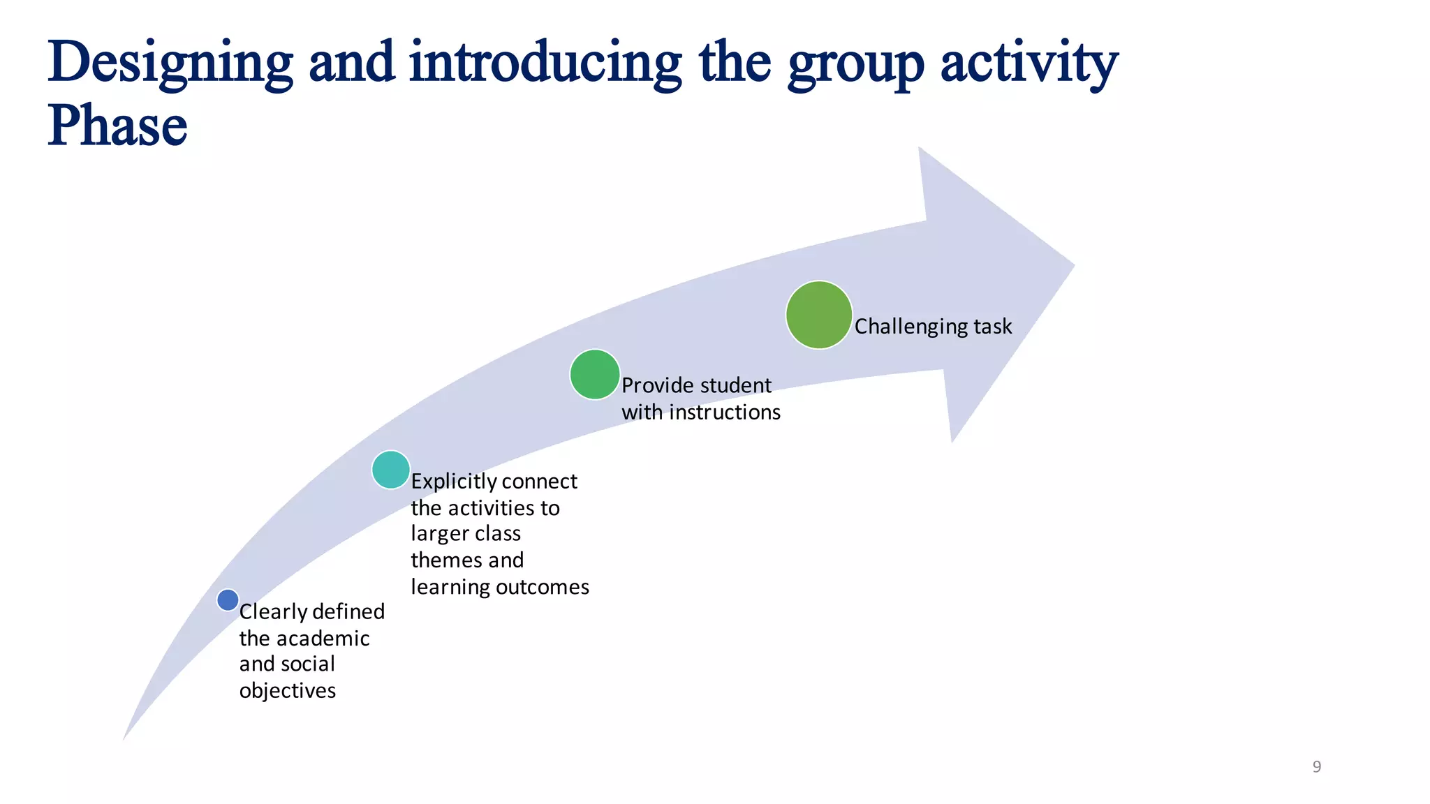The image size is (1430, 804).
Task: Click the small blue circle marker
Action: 228,600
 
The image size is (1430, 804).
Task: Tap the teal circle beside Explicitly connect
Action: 391,470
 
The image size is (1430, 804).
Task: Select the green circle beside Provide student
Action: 595,375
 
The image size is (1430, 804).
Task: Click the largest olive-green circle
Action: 819,315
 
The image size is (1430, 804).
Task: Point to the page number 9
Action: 1317,767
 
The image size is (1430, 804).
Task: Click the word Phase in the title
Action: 117,126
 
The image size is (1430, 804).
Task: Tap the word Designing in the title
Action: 170,63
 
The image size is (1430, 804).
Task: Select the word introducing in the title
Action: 545,63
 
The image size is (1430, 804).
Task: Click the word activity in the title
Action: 1029,63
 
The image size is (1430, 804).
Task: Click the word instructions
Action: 725,412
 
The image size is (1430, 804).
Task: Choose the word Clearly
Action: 273,612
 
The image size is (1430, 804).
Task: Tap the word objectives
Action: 288,691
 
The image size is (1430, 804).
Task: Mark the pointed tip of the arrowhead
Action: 1072,265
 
